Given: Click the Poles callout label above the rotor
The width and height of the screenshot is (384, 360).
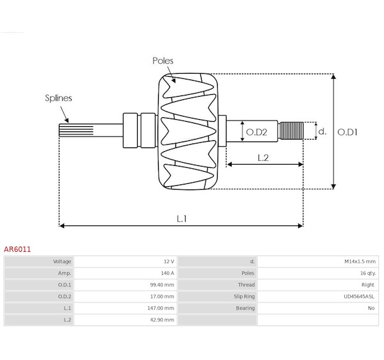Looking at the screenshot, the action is (x=163, y=61).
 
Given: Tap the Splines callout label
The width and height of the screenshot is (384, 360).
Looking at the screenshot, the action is (x=58, y=98).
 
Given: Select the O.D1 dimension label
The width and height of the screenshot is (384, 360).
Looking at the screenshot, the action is (x=348, y=133).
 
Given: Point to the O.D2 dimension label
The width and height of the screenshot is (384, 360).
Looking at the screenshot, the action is (x=257, y=133).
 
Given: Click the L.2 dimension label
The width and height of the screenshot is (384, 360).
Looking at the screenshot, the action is (x=263, y=158).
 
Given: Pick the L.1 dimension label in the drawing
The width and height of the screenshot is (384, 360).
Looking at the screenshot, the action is (x=182, y=218).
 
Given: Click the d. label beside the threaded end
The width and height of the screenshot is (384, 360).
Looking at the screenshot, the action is (x=323, y=131).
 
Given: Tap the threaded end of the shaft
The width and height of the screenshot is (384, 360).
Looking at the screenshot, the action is (x=291, y=131).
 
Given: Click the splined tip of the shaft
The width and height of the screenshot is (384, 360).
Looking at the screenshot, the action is (x=76, y=130).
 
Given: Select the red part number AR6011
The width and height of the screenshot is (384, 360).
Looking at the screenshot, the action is (x=17, y=249).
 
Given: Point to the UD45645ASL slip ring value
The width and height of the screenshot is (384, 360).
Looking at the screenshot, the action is (x=359, y=297).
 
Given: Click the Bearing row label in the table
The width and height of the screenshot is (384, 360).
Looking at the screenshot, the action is (x=245, y=308).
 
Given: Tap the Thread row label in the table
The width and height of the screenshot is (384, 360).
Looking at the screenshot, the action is (x=246, y=285).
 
